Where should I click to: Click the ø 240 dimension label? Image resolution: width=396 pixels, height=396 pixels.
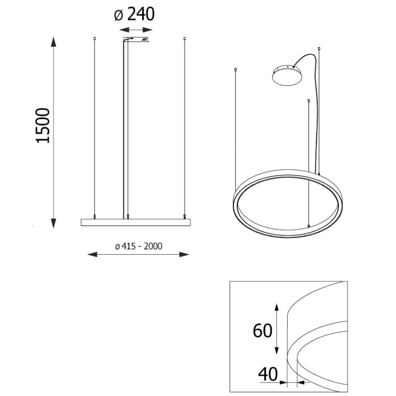(134, 14)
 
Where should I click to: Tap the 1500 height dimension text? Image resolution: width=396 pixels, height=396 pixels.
(43, 126)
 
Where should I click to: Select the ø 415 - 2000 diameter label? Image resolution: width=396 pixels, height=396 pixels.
(139, 246)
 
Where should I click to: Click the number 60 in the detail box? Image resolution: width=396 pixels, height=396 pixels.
(262, 330)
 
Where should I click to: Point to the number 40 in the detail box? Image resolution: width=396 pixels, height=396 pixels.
(268, 374)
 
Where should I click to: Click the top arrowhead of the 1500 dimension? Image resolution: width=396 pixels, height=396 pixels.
(53, 42)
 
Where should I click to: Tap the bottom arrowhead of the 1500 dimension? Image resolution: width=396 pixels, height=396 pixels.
(53, 223)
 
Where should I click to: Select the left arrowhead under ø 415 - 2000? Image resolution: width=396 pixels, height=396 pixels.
(92, 254)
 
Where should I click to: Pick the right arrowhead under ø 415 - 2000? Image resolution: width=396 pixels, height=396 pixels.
(184, 254)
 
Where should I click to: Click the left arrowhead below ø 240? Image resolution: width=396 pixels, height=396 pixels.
(124, 30)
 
